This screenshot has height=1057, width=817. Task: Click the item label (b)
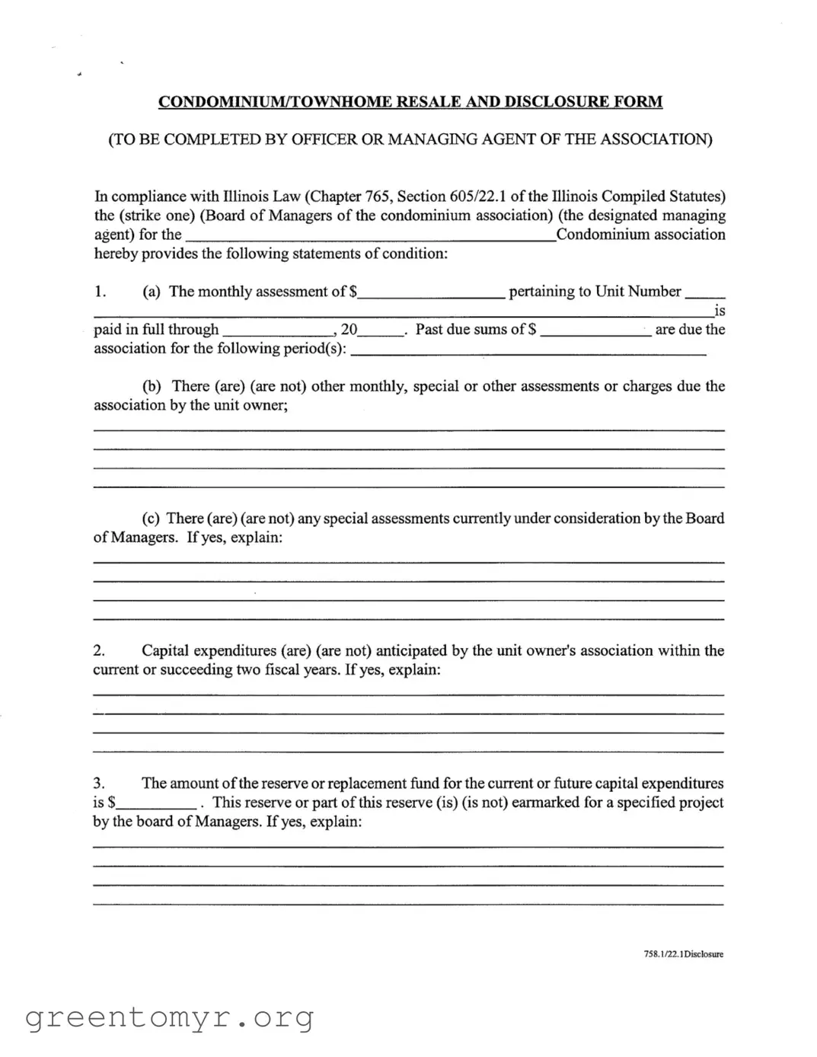(152, 386)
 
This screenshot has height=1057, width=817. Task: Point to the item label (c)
(152, 519)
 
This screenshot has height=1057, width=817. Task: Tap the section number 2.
(99, 651)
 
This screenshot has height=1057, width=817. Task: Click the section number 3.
(99, 784)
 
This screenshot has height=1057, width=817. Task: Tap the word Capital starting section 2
(165, 651)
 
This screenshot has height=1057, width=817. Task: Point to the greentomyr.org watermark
(170, 1017)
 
